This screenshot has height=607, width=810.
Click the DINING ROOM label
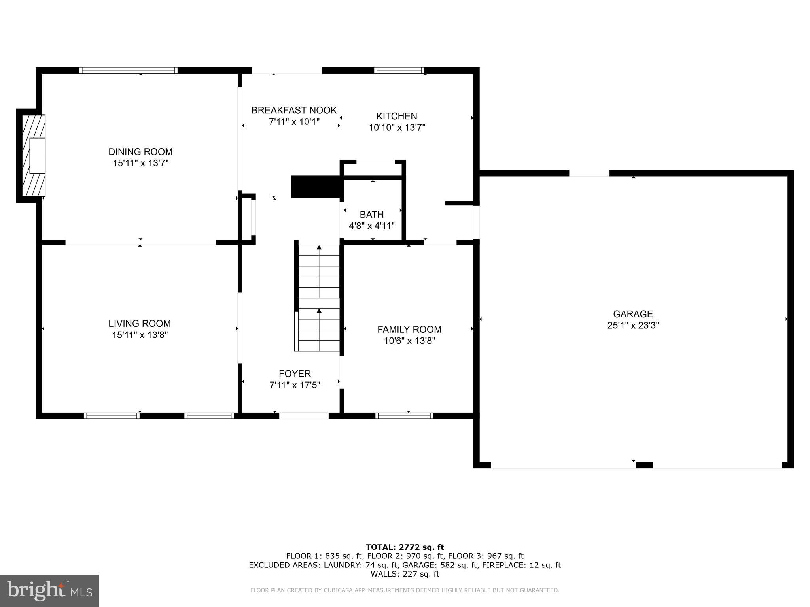140,152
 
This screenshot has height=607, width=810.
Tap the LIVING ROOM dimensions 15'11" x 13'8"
140,335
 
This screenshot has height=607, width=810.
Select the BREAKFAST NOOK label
294,110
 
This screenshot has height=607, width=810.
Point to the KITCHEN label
396,116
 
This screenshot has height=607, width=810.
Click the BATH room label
371,215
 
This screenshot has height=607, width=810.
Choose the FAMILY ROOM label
409,329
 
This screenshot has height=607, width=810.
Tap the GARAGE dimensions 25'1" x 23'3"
633,326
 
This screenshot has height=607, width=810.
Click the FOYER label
295,373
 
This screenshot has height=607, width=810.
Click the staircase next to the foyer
319,298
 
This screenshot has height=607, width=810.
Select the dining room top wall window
129,70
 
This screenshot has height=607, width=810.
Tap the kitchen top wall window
399,71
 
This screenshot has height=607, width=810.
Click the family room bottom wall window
404,415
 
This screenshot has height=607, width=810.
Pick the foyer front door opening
304,415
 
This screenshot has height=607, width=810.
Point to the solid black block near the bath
316,187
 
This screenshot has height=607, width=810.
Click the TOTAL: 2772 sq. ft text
405,547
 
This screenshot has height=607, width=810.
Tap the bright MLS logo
49,590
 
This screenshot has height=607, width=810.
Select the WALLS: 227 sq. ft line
405,574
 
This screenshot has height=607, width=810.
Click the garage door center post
644,465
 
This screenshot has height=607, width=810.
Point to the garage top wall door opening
589,173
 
